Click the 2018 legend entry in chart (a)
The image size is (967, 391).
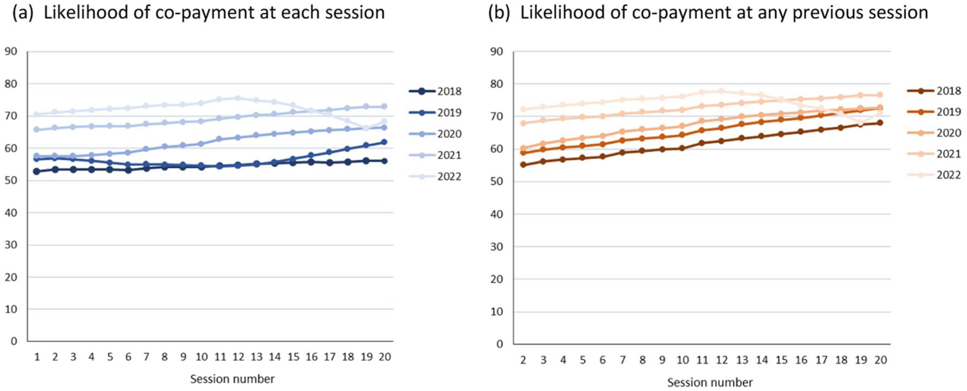tap(435, 91)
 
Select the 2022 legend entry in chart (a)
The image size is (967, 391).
tap(435, 177)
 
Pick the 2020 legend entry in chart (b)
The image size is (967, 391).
tap(934, 133)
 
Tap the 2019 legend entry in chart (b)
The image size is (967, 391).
tap(934, 112)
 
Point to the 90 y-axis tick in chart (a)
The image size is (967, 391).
tap(11, 51)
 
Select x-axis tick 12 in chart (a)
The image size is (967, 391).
tap(238, 357)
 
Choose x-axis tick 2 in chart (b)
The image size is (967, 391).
tap(523, 360)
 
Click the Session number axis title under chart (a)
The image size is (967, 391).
tap(232, 379)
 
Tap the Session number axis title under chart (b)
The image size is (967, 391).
tap(710, 383)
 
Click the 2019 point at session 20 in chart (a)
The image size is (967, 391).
tap(384, 142)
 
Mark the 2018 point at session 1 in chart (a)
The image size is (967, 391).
tap(37, 172)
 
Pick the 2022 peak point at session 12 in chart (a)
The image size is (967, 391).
tap(238, 98)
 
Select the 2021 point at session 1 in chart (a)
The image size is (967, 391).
tap(37, 130)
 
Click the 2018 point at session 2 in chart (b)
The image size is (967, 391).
tap(523, 165)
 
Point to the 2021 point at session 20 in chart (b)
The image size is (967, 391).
tap(880, 95)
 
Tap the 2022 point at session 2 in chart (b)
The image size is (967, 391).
tap(523, 109)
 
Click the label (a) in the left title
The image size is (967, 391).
tap(23, 13)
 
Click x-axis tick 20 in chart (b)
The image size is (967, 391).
tap(880, 360)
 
